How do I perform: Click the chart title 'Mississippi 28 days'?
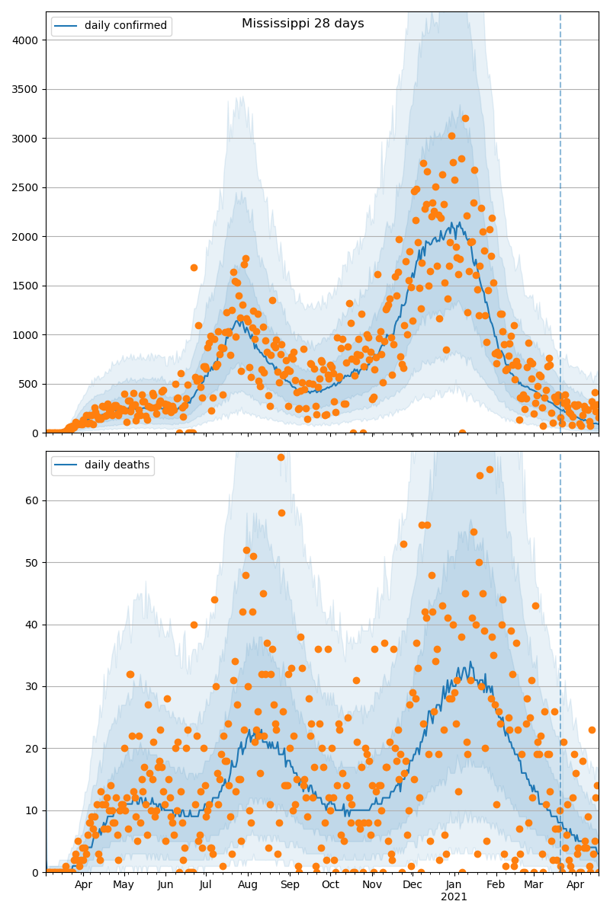[x=303, y=24]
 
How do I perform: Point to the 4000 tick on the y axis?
[x=29, y=40]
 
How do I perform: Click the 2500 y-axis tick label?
[x=29, y=187]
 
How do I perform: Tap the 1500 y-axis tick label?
[x=29, y=286]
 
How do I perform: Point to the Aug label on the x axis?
[x=248, y=885]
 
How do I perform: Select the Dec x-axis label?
[x=413, y=885]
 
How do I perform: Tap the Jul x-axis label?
[x=206, y=885]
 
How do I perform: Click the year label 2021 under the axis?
[x=454, y=897]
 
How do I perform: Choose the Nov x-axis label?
[x=372, y=885]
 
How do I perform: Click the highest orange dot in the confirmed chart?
[x=465, y=118]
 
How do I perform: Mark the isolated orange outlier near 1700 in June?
[x=194, y=267]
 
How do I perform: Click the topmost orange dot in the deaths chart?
[x=281, y=457]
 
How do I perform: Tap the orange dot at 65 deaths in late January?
[x=490, y=469]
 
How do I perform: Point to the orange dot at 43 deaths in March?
[x=535, y=606]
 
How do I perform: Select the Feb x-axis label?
[x=496, y=885]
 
